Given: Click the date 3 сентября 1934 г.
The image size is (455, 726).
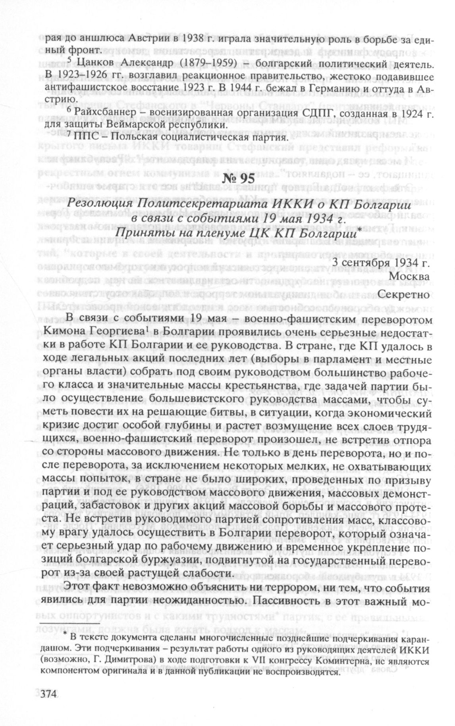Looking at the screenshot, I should [381, 262].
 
